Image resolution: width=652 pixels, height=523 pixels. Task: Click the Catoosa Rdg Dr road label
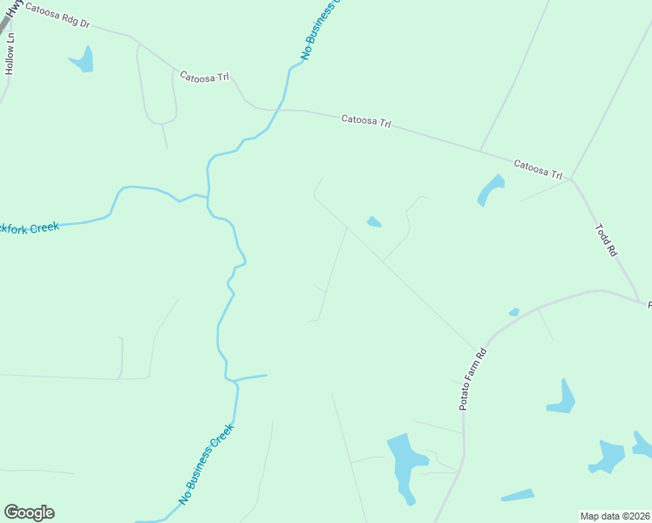[x=58, y=16]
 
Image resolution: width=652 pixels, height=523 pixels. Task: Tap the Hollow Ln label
[x=10, y=53]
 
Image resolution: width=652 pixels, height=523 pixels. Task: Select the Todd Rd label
[x=606, y=240]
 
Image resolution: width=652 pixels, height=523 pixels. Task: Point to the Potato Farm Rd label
[x=472, y=378]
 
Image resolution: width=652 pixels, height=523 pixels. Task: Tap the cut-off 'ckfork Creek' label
[x=30, y=228]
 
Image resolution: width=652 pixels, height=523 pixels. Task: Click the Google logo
[x=29, y=513]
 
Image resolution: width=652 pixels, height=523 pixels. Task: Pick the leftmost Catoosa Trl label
[x=204, y=77]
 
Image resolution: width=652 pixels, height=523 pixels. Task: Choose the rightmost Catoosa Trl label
[x=538, y=167]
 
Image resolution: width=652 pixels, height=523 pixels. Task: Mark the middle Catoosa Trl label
[x=365, y=121]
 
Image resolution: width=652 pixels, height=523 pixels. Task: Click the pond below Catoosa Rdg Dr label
[x=83, y=59]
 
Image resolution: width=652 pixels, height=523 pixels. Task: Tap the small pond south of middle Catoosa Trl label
[x=374, y=222]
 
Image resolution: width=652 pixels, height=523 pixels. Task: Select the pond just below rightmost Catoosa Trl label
[x=491, y=190]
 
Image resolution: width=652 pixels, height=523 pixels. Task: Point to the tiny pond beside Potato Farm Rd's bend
[x=514, y=312]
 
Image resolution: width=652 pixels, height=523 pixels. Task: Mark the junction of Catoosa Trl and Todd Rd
[x=571, y=180]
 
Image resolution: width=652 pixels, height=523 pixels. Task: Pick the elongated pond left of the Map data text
[x=518, y=495]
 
